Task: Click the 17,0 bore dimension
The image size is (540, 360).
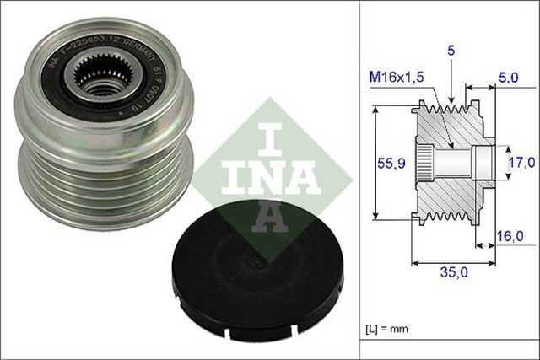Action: click(519, 160)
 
